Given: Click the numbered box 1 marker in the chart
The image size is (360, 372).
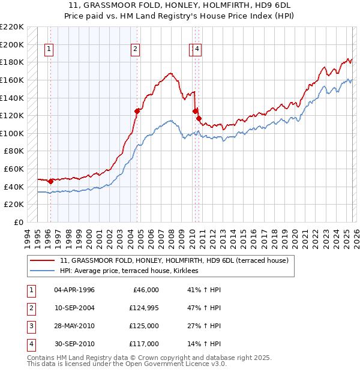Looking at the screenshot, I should point(48,50).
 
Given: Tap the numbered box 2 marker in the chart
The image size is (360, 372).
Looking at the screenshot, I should point(136,50).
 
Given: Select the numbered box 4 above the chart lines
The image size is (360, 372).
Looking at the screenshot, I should point(197,50).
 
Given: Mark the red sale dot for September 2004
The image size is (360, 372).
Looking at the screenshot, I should point(137,111).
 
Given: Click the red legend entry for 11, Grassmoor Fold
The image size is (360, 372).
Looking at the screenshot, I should point(175,260).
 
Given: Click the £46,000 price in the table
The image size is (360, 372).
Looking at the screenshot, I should point(144,290).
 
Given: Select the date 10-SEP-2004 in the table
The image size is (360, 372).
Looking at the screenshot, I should point(74,308).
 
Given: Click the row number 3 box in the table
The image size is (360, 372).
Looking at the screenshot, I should point(31,326).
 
